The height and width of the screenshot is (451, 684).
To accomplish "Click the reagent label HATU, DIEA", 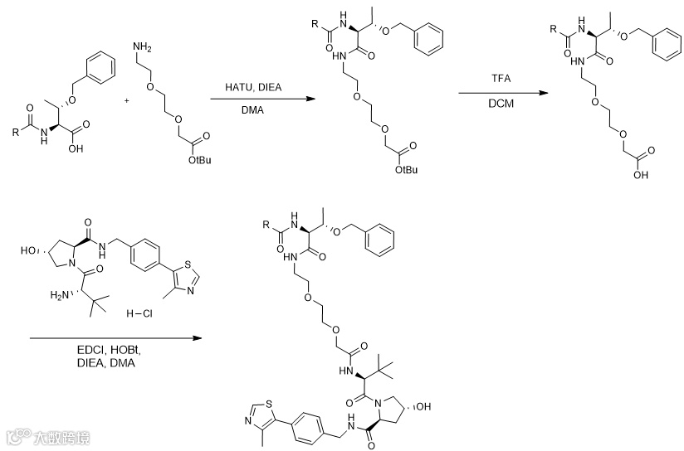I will [252, 87].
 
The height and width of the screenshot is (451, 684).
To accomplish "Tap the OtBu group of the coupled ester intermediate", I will [407, 169].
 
